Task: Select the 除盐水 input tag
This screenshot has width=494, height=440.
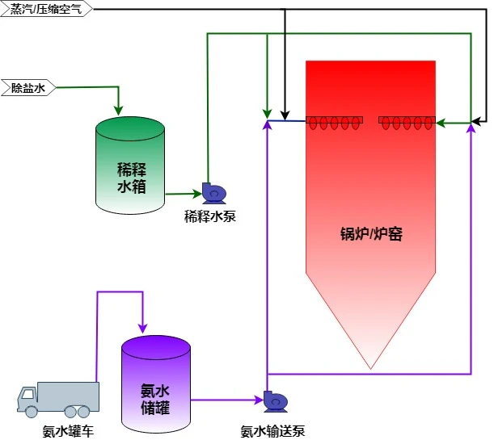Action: point(27,87)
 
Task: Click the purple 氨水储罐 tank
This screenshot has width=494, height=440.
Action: point(155,386)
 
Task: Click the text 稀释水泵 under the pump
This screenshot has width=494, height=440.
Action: point(210,216)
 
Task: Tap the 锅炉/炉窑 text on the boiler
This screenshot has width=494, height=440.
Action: point(371,235)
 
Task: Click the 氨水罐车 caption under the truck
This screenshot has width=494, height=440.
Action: point(69,431)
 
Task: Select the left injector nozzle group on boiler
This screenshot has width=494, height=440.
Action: point(334,123)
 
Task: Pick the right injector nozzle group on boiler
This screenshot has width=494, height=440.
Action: point(407,123)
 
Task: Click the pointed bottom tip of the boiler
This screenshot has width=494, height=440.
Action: point(371,367)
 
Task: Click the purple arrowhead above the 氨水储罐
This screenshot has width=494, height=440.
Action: point(142,327)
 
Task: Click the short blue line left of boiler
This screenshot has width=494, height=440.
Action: point(287,121)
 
